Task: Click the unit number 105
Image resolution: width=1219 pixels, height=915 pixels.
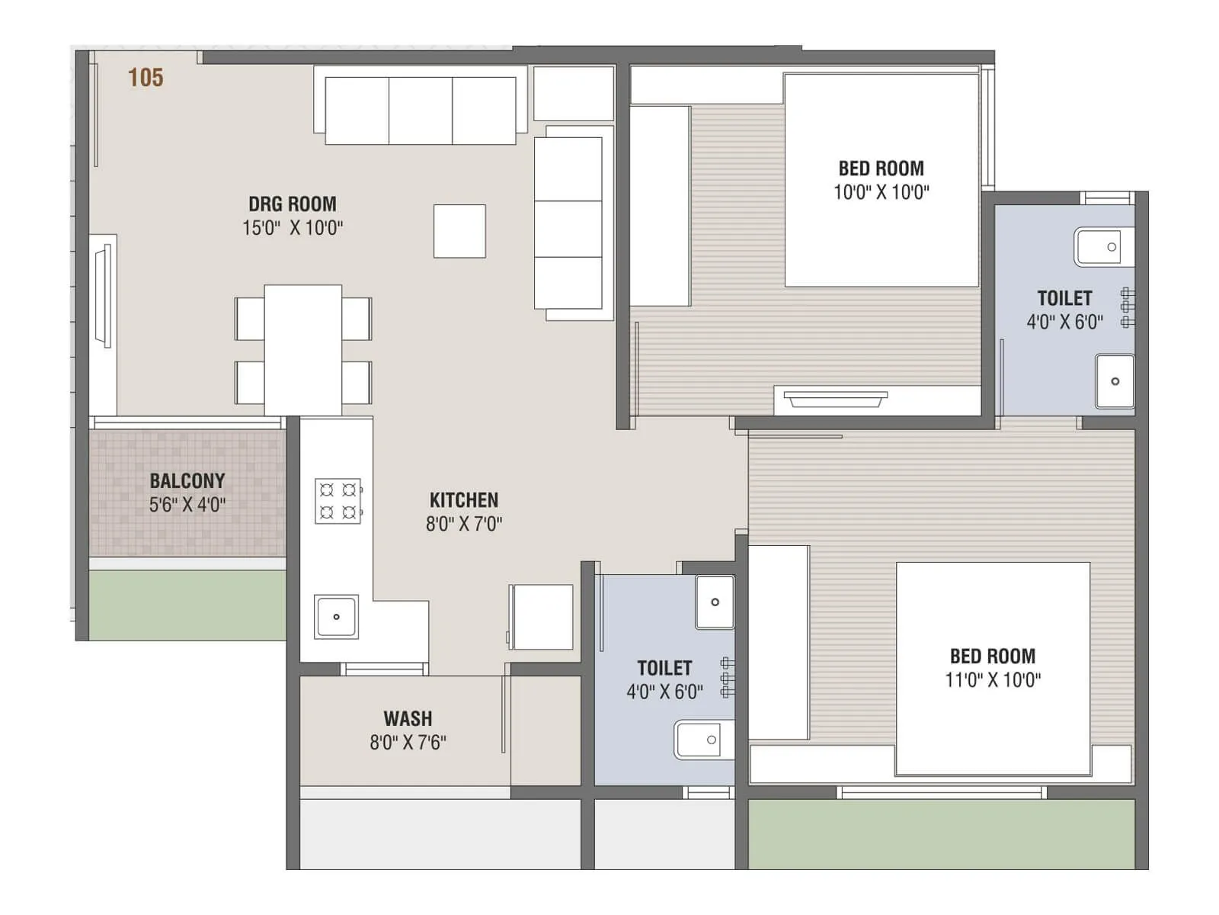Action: (x=145, y=77)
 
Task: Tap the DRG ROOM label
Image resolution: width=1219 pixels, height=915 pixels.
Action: (x=293, y=204)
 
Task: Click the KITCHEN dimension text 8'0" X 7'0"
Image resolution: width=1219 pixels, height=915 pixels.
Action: (x=464, y=524)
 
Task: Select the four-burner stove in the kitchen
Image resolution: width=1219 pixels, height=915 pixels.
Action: (x=338, y=501)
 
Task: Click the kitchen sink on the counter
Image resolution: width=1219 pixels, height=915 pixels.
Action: (x=336, y=617)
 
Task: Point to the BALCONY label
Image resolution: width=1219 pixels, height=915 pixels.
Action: (x=187, y=481)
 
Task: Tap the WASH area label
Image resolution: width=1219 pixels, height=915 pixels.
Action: (x=408, y=719)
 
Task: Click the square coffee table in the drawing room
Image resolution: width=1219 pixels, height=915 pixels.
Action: (x=459, y=231)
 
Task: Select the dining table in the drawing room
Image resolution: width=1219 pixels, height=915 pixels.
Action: (x=302, y=349)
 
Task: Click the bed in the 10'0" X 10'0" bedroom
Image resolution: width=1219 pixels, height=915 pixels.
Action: (x=881, y=180)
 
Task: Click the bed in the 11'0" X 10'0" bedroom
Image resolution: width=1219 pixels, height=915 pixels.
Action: (x=993, y=668)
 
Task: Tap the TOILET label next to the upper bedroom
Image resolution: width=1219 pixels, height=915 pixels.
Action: (x=1064, y=298)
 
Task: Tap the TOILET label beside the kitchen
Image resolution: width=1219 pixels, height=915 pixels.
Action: (x=664, y=669)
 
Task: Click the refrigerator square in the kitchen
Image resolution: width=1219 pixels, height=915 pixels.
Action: (x=542, y=617)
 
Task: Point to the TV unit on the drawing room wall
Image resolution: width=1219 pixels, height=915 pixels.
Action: (x=103, y=296)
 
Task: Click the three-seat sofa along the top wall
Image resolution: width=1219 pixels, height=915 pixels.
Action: (x=421, y=110)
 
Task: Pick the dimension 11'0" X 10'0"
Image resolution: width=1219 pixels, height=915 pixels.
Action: (x=993, y=680)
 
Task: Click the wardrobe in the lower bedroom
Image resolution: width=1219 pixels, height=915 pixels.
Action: (x=779, y=642)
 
